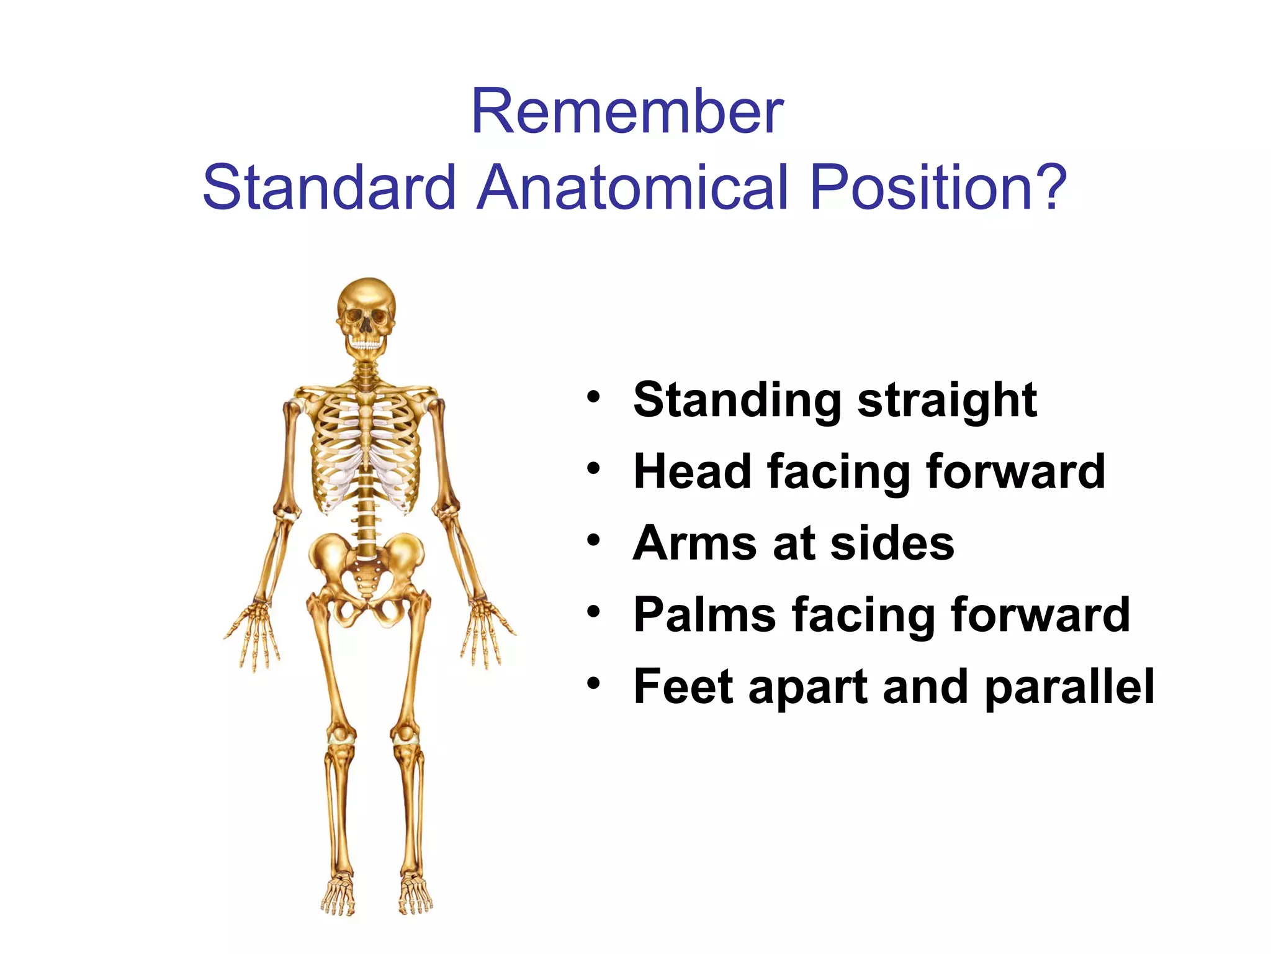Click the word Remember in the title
(627, 112)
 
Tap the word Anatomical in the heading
(632, 187)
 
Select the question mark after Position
(1048, 187)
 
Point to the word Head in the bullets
(692, 472)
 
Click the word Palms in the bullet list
(704, 616)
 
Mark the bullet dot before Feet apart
(594, 684)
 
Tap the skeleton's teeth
(366, 342)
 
